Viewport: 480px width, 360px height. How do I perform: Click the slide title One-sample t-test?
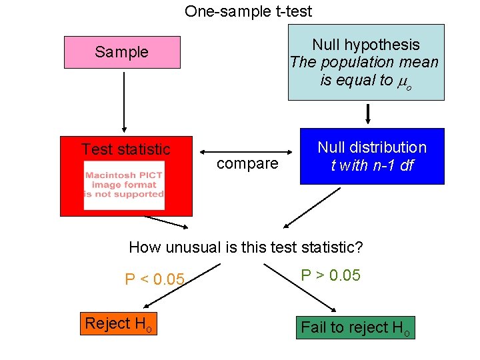tap(248, 11)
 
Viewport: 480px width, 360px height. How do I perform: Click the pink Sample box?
tap(122, 52)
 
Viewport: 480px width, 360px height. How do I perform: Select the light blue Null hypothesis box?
tap(365, 62)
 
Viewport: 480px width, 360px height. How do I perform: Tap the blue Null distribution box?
tap(371, 156)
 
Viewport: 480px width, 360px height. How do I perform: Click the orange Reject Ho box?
tap(119, 324)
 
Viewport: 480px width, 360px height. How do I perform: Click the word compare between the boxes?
tap(247, 164)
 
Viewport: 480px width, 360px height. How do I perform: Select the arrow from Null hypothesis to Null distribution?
tap(368, 113)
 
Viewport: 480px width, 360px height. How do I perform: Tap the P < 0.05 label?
tap(154, 279)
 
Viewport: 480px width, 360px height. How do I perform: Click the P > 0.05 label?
tap(331, 275)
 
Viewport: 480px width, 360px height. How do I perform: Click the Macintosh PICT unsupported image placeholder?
tap(125, 185)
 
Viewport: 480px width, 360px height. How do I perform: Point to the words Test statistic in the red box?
tap(125, 149)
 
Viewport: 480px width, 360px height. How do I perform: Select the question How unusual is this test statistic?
tap(245, 247)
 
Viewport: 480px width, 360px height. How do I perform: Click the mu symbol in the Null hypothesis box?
tap(401, 81)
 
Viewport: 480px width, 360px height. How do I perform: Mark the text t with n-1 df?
tap(371, 165)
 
